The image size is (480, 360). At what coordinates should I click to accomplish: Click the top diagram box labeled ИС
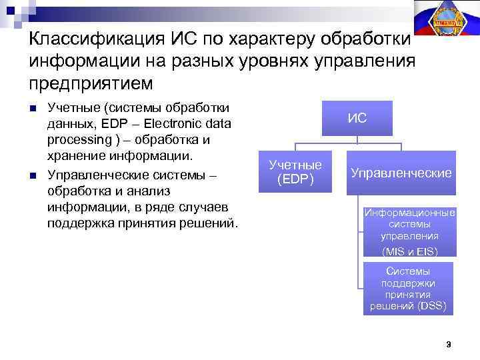357,119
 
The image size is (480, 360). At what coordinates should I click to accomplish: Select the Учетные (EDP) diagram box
295,173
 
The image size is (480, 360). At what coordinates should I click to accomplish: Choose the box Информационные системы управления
409,225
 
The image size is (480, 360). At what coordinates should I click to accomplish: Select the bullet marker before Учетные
33,109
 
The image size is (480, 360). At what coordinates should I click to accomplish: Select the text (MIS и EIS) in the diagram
409,251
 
